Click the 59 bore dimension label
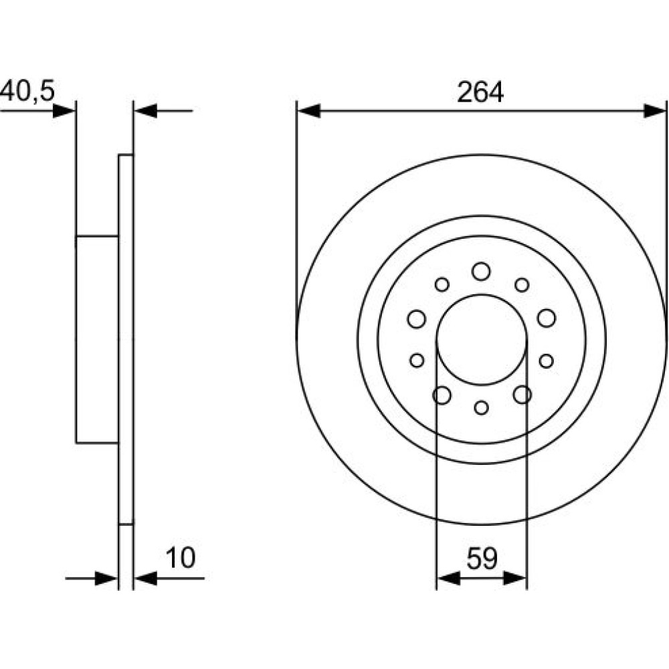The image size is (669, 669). coord(482,559)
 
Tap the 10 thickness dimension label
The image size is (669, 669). coord(181,558)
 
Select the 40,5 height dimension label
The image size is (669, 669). coord(27,91)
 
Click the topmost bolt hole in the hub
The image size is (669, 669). coord(481,272)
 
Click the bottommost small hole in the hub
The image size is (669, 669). coord(481,407)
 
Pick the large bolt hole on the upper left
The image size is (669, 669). coord(416,318)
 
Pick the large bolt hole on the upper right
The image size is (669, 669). coord(547,318)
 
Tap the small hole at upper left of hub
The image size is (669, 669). coord(442,284)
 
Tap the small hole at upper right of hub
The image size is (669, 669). coord(522,284)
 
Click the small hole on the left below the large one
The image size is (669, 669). coord(417,361)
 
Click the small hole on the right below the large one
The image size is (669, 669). coord(546,361)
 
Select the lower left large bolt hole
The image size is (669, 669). coord(442,395)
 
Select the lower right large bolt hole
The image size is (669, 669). coord(522,395)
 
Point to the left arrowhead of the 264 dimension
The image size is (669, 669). coord(308,110)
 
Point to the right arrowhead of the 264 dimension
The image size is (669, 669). coord(654,110)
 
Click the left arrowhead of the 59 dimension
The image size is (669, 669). coord(449,579)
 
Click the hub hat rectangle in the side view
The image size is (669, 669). coord(97,339)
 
